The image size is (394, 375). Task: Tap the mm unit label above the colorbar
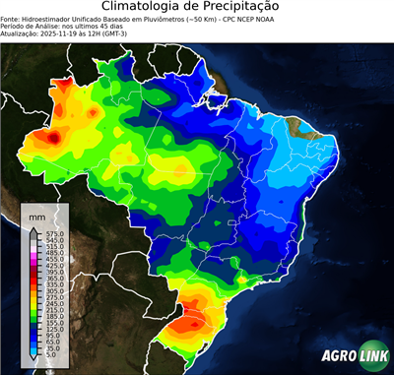pos(36,216)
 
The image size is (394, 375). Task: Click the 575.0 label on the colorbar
pos(54,232)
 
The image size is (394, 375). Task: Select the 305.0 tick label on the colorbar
pos(54,291)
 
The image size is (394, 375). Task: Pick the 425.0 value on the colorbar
pos(54,265)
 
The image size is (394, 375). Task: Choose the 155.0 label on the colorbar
pos(54,324)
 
